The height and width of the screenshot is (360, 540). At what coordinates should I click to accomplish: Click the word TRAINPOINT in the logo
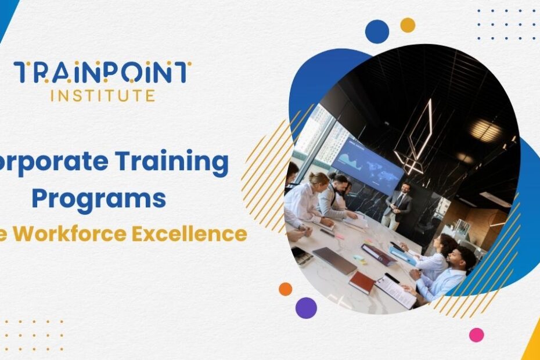102,73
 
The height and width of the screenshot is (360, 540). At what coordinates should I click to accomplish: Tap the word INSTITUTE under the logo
102,95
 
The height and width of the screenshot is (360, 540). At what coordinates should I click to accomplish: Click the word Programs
99,197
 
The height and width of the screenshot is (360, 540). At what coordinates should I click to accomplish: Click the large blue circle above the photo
377,31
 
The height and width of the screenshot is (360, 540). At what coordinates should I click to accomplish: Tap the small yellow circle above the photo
408,25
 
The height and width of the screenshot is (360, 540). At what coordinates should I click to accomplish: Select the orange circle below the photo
285,289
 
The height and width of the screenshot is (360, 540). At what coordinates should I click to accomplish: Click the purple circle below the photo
306,308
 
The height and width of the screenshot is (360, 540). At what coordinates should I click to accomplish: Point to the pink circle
476,334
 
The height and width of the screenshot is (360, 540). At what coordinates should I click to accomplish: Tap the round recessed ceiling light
485,130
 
